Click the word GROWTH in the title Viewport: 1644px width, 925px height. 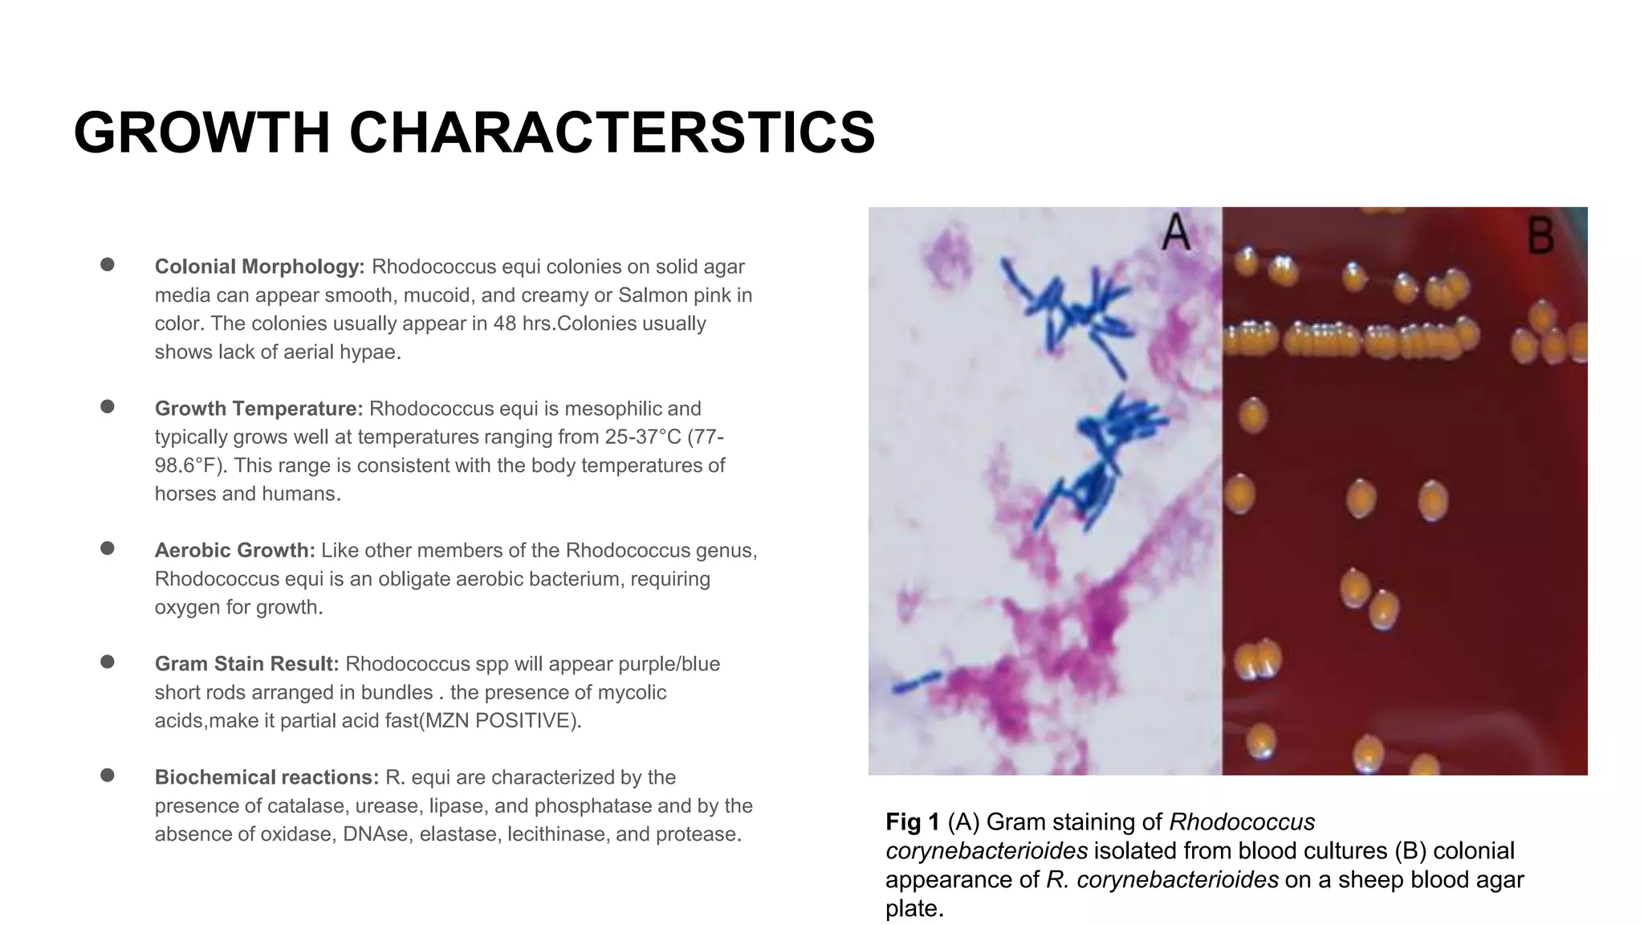click(201, 132)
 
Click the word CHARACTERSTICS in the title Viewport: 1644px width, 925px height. click(612, 132)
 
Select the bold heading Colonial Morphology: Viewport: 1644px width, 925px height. click(259, 267)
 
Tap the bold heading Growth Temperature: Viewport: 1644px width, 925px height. click(258, 409)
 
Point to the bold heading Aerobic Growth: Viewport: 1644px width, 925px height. click(234, 551)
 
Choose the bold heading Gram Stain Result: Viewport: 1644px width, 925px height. click(246, 664)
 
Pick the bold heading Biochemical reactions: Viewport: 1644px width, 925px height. click(267, 777)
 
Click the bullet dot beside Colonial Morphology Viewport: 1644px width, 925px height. click(108, 265)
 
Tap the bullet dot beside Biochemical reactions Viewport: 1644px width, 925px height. click(108, 776)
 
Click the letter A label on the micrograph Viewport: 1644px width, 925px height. click(1176, 232)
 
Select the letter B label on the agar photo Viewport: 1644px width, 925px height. click(1540, 235)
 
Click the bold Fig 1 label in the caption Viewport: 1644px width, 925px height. click(912, 822)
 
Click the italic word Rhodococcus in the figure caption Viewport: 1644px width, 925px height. click(1242, 822)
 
